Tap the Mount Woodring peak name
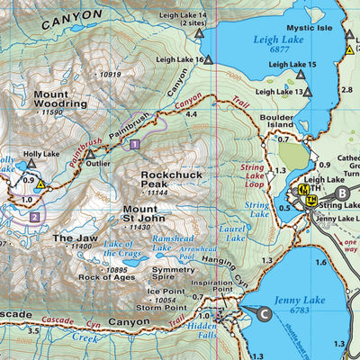point(60,99)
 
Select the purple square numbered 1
point(134,144)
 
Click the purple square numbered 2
point(34,217)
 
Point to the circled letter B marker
point(341,193)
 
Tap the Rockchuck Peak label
point(168,185)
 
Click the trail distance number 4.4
point(190,115)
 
